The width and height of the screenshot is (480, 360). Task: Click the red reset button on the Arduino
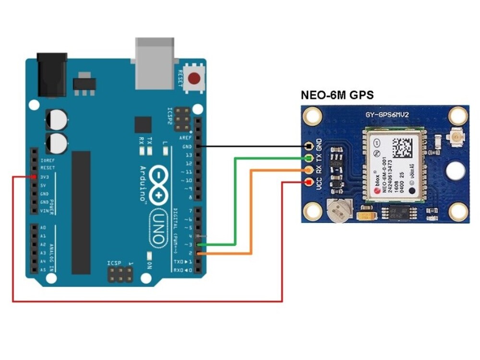click(195, 78)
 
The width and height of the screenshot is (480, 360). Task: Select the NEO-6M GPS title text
click(337, 95)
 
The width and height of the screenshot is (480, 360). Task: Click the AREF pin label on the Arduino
click(185, 137)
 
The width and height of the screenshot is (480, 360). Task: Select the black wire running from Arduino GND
click(250, 146)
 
